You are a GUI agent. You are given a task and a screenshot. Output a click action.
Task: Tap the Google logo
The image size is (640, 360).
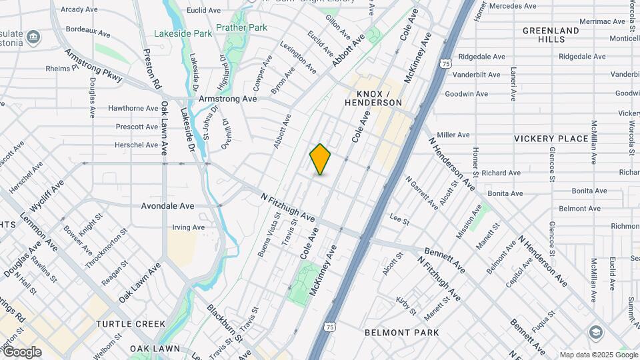click(x=21, y=352)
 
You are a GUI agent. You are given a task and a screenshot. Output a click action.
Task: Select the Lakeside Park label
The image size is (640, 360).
click(x=183, y=33)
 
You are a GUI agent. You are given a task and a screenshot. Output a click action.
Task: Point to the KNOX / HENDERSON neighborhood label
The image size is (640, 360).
click(x=373, y=98)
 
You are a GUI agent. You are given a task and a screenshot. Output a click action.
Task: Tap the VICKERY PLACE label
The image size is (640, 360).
click(x=551, y=139)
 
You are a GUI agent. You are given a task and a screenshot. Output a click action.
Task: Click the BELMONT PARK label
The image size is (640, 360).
click(x=402, y=333)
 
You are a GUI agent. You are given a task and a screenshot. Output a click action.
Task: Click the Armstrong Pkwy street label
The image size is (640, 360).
click(x=94, y=65)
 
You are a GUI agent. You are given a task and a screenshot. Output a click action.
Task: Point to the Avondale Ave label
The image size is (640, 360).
click(x=167, y=206)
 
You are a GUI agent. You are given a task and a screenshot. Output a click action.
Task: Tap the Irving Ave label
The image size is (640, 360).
click(x=189, y=227)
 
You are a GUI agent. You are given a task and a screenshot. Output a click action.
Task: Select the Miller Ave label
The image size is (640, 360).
click(x=453, y=135)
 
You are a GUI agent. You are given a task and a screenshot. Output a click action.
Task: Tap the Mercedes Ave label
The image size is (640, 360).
click(x=513, y=6)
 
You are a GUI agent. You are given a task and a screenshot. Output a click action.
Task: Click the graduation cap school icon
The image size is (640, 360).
click(x=596, y=333)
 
